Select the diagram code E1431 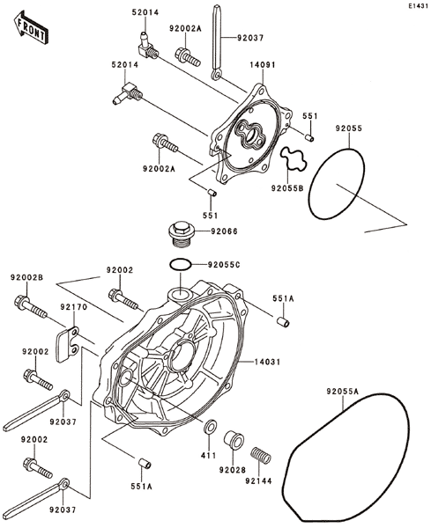(418, 6)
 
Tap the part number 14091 (262, 64)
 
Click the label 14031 (267, 362)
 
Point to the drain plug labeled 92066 (182, 234)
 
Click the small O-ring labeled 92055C (181, 265)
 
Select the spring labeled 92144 (261, 455)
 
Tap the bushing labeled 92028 (234, 439)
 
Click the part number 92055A (342, 392)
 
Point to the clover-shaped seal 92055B (294, 158)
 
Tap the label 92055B (287, 188)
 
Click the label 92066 (224, 231)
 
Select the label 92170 (73, 307)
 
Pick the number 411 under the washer (208, 455)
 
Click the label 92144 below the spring (258, 480)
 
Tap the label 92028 (233, 469)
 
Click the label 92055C (224, 265)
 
